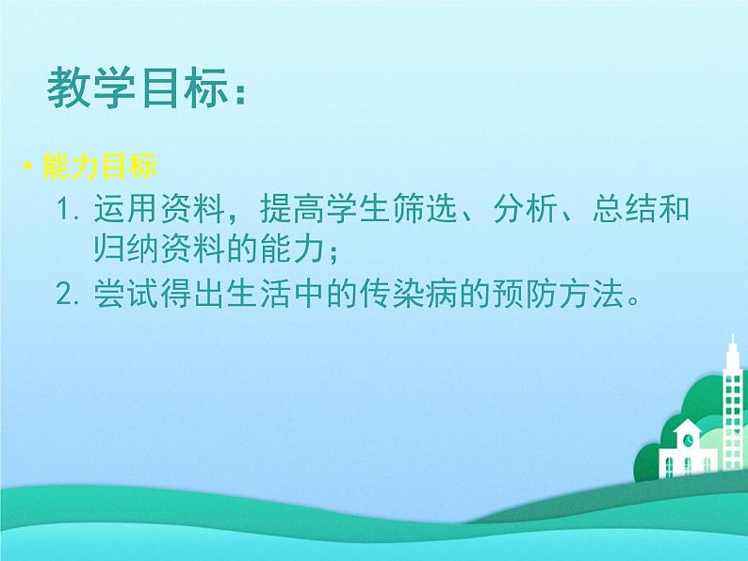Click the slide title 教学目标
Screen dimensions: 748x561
[x=138, y=88]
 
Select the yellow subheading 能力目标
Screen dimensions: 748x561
[x=100, y=167]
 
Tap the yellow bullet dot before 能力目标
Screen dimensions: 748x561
[x=28, y=167]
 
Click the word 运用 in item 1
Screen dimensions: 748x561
[x=126, y=209]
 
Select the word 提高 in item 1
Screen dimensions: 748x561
[x=292, y=209]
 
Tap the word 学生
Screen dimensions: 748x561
[x=359, y=209]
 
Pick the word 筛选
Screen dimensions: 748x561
[x=426, y=209]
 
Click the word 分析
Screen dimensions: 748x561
[x=526, y=209]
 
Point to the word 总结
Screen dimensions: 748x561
[x=625, y=209]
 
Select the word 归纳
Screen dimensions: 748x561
[x=126, y=248]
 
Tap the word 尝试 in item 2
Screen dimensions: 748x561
[x=126, y=294]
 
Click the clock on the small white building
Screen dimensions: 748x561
[x=689, y=439]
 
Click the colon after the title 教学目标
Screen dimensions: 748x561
[x=240, y=94]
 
